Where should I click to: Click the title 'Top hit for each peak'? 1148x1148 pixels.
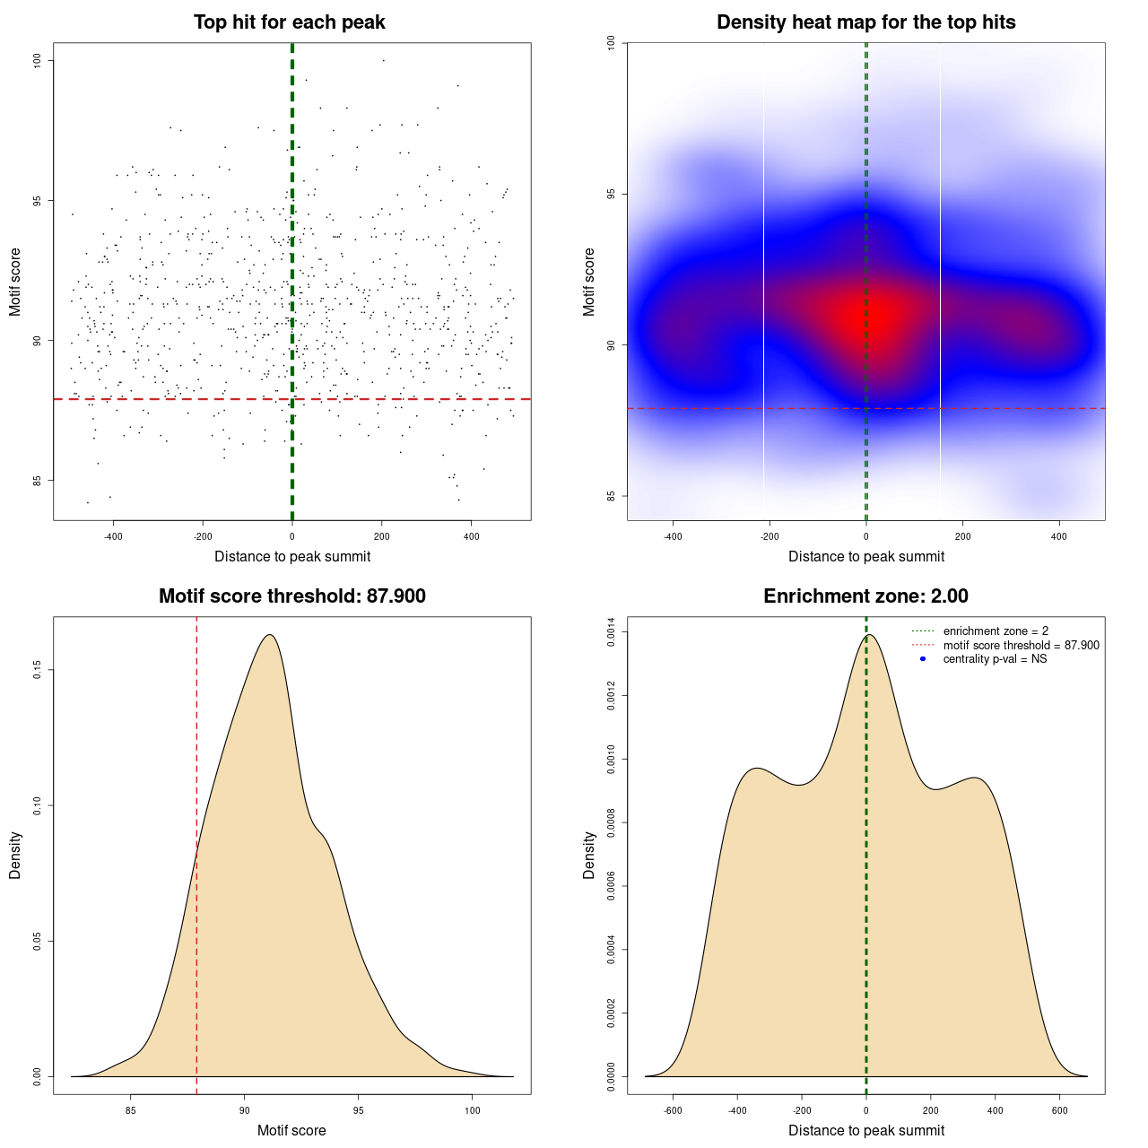290,22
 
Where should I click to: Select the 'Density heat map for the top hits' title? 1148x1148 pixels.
865,22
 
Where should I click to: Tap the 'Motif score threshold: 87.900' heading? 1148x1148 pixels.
291,596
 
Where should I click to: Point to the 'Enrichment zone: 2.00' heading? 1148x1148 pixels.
865,596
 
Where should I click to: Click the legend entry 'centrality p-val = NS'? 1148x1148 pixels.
995,659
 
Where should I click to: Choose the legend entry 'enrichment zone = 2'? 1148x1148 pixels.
996,631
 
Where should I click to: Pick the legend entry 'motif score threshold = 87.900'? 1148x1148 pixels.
1021,646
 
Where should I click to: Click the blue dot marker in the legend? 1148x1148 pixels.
923,659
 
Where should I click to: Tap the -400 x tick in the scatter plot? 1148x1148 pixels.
113,536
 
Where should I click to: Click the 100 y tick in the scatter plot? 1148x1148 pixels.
38,60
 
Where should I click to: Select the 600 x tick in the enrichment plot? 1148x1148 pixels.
1060,1110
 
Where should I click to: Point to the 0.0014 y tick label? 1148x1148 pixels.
612,632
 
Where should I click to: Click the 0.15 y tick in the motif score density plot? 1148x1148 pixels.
38,670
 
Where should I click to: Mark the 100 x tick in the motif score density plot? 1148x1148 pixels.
473,1110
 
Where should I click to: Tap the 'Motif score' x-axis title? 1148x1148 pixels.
291,1130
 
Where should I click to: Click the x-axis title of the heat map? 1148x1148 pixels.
865,556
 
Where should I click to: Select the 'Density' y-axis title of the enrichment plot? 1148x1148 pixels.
589,855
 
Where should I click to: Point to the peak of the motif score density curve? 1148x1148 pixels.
269,635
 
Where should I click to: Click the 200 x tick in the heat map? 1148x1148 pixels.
962,536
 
